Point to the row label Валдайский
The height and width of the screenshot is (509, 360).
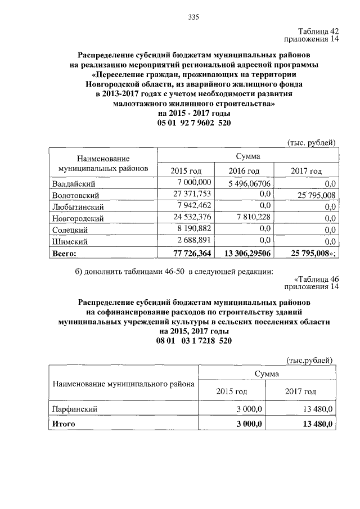[73, 183]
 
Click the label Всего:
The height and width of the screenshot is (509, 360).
[64, 254]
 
